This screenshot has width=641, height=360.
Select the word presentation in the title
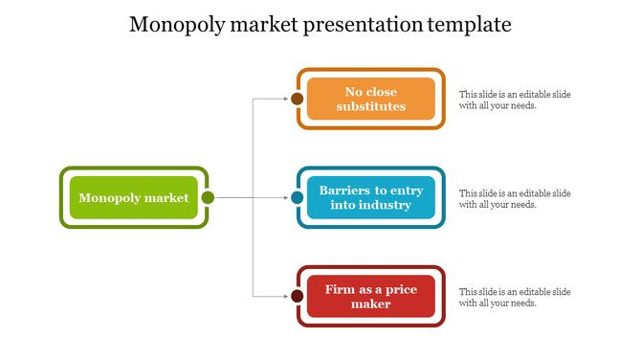pos(360,24)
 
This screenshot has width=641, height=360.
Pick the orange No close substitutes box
pos(370,99)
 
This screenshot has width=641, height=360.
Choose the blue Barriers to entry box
pos(370,197)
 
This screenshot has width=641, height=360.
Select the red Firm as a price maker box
pos(370,296)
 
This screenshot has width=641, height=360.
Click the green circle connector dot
pos(208,198)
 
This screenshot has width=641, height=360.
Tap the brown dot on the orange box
pos(298,99)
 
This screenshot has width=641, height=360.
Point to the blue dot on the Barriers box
pos(298,198)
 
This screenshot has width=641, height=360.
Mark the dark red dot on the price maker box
pos(298,297)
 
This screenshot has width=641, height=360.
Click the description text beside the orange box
pos(515,100)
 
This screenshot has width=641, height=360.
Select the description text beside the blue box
pos(515,198)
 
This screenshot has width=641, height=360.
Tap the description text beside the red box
pos(515,297)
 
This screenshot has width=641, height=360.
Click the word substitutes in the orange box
pos(370,106)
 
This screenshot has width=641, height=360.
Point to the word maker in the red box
pos(370,304)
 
